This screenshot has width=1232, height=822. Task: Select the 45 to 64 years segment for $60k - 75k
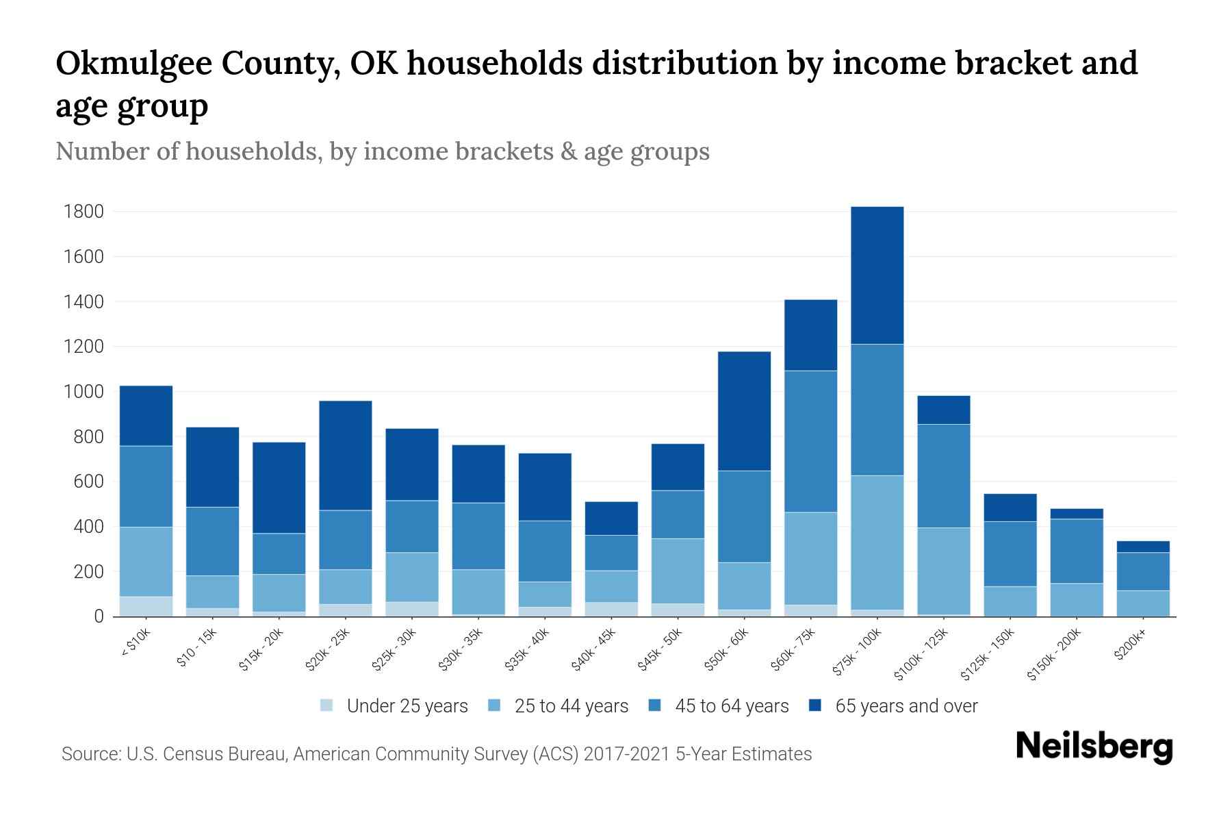click(810, 441)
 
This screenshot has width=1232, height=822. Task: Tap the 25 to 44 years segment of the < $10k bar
click(146, 562)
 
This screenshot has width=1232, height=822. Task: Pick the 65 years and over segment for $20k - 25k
click(346, 456)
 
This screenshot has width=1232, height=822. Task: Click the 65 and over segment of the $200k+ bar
click(1143, 547)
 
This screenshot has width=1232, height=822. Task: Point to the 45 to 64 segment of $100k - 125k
click(943, 475)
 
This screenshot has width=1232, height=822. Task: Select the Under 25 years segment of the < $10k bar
click(146, 606)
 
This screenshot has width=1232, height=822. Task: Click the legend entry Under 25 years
click(407, 706)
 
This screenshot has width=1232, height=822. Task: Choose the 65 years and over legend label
click(906, 706)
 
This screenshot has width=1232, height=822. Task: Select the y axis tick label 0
click(99, 616)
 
